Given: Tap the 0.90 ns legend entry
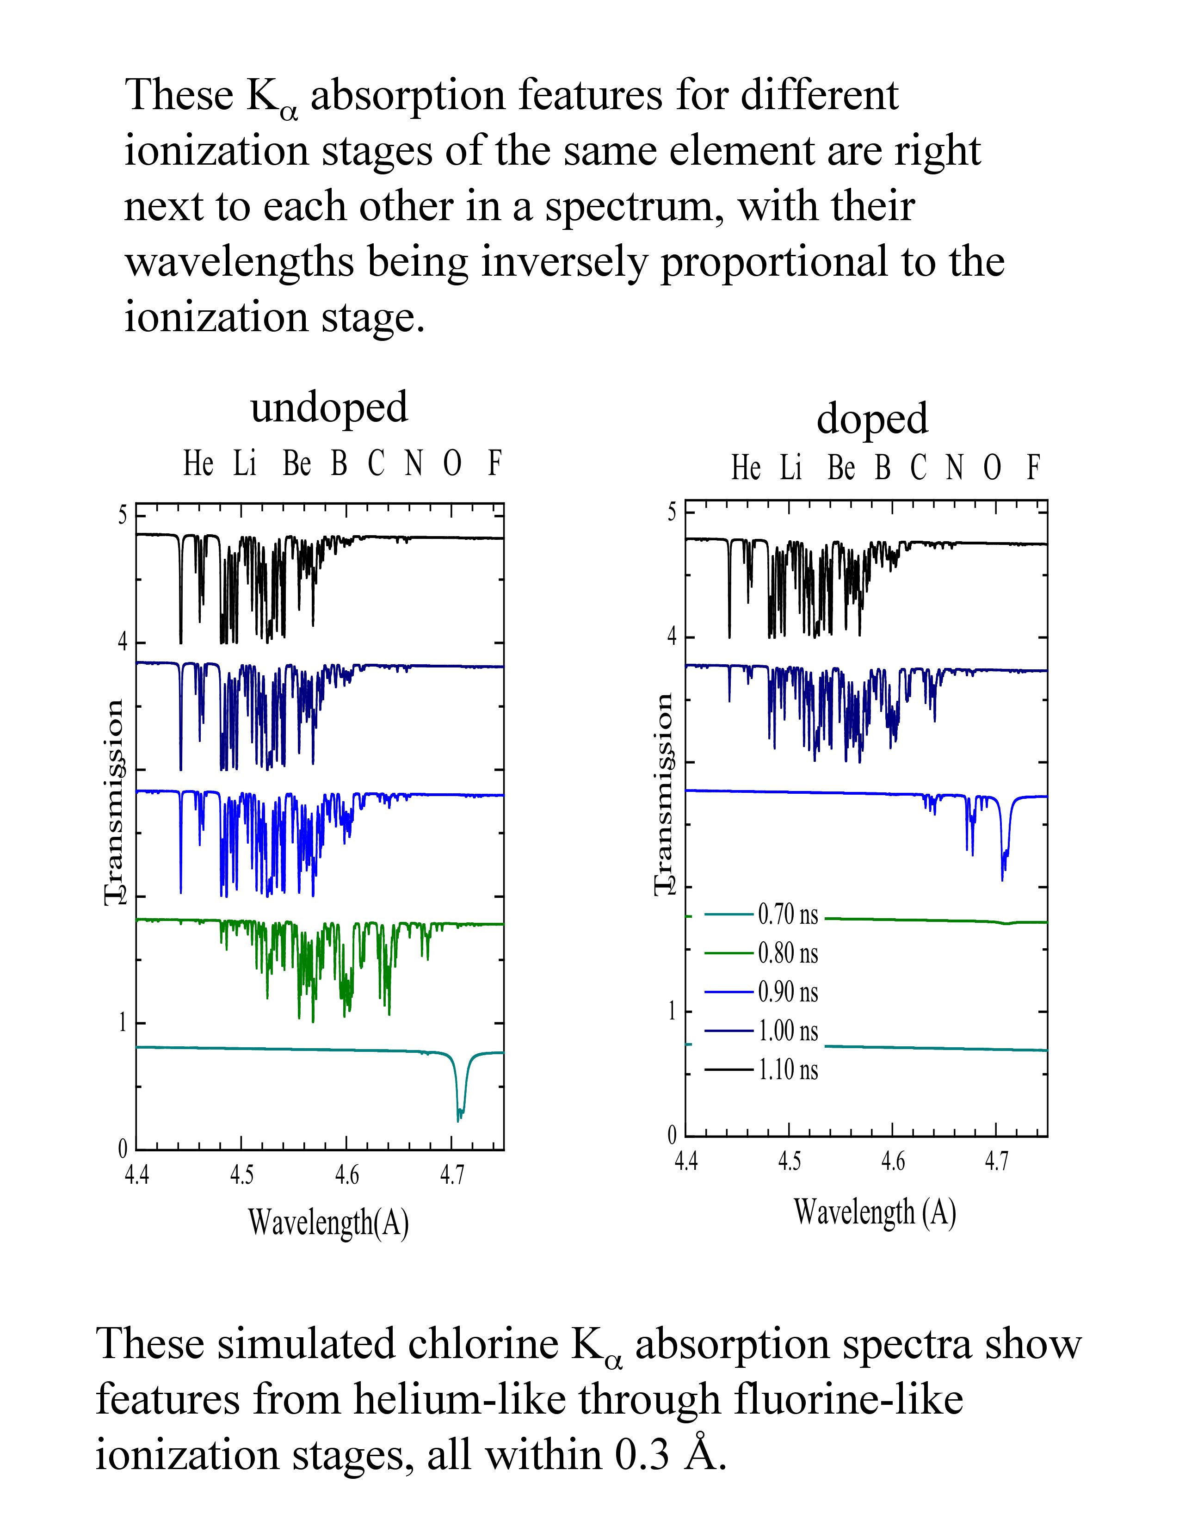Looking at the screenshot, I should tap(788, 992).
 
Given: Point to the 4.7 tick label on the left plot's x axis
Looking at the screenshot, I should tap(451, 1176).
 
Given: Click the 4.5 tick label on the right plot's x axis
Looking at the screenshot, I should tap(789, 1161).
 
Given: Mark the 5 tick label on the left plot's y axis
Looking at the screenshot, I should tap(123, 516).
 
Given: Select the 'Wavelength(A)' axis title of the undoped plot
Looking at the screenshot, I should tap(328, 1223).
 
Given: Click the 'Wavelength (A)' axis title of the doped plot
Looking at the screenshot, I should tap(874, 1212).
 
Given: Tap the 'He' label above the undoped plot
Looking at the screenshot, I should tap(198, 463).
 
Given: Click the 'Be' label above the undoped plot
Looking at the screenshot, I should tap(296, 463).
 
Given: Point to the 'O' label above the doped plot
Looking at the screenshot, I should tap(992, 468).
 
